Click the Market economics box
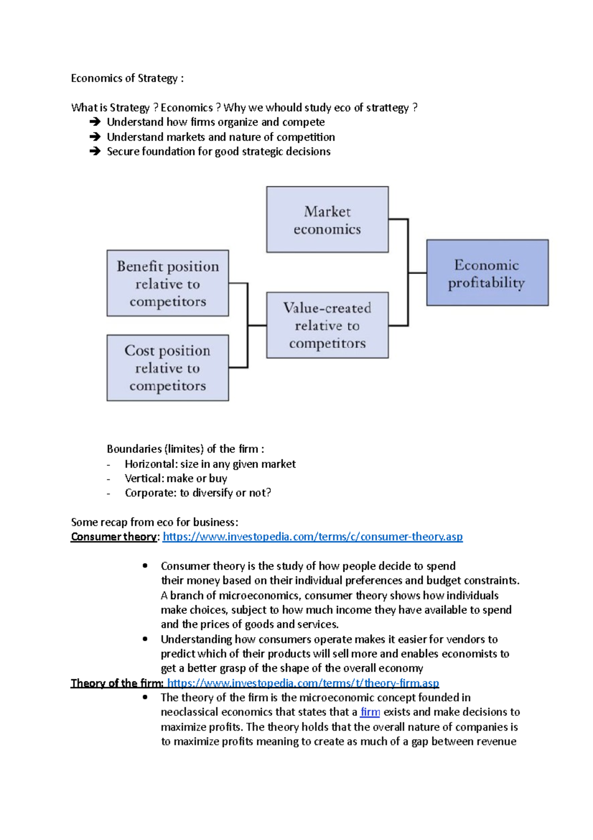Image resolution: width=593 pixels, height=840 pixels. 327,220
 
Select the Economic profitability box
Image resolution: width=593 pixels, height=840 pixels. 487,273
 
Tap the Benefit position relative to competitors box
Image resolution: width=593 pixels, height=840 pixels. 168,283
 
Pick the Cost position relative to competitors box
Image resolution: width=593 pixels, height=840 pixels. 168,368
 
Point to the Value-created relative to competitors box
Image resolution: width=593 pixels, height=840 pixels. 327,325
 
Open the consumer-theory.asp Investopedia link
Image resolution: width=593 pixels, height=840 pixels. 312,537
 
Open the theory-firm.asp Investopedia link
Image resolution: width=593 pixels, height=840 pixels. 303,683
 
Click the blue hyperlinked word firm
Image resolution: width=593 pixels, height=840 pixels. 370,712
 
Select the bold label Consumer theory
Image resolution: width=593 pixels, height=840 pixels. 114,537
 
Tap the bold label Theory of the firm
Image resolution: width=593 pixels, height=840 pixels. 117,683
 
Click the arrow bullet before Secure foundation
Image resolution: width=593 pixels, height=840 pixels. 95,151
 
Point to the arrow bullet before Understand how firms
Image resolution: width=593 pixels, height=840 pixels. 95,122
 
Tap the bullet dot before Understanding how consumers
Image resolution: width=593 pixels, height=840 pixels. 145,639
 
